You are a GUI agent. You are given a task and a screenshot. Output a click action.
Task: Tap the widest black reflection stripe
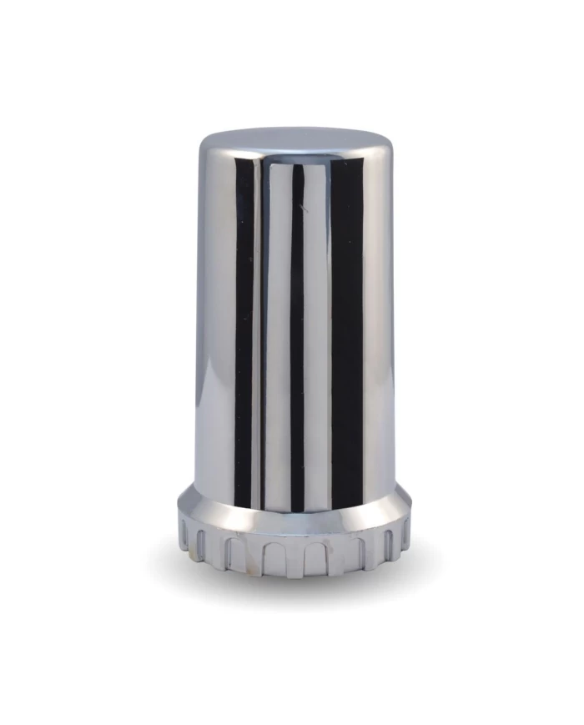(x=346, y=334)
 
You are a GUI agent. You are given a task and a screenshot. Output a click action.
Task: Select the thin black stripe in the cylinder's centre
(x=297, y=334)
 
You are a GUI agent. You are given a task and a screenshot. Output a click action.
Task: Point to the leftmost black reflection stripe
(x=243, y=334)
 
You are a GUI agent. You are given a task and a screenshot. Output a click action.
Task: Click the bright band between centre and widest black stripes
(x=317, y=334)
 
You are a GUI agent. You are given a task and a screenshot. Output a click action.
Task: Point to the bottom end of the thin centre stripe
(x=297, y=506)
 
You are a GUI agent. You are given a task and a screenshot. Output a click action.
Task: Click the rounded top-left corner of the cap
(x=205, y=145)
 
